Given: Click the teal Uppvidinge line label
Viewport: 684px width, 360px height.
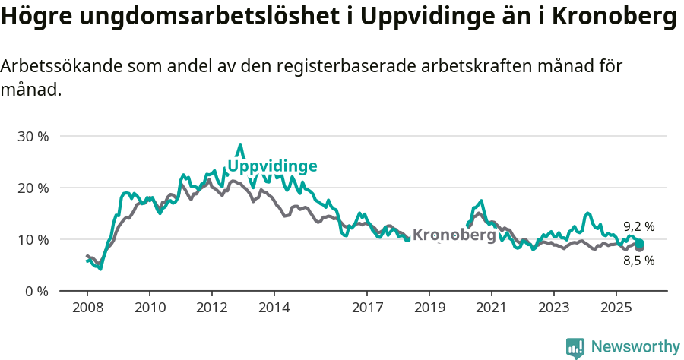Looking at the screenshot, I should click(x=272, y=166).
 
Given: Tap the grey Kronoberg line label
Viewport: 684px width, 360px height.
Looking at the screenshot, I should click(x=454, y=235).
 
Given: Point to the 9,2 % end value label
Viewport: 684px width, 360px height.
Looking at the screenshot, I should click(x=638, y=226).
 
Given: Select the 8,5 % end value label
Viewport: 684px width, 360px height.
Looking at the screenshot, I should click(x=638, y=261).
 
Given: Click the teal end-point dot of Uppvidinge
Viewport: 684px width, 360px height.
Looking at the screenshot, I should click(x=640, y=243).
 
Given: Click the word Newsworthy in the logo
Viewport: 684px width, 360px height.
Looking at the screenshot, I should click(x=635, y=347).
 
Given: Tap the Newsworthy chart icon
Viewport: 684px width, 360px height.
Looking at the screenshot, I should click(x=575, y=348).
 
